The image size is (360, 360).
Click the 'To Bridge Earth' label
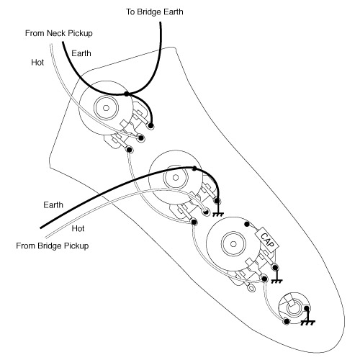point(155,12)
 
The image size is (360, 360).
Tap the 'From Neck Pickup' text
point(59,33)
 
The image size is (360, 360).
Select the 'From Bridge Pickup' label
point(53,246)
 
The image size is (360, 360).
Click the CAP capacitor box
point(267,240)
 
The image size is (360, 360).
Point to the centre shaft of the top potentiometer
point(106,108)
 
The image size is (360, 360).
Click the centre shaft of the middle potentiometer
point(176,178)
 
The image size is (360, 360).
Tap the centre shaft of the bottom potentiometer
point(233,244)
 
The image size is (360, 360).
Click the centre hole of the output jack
point(292,309)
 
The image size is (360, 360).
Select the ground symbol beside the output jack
point(307,323)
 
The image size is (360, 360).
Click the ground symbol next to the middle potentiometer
point(218,215)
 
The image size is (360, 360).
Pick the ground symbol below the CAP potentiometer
point(276,281)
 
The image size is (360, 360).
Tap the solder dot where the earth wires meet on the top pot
point(127,94)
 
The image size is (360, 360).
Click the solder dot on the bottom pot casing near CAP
point(246,224)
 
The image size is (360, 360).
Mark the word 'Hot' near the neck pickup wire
point(37,63)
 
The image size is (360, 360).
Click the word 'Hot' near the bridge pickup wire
point(78,228)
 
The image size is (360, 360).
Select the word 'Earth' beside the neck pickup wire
point(81,53)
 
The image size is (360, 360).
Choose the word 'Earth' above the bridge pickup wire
point(53,205)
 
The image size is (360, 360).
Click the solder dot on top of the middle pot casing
point(194,168)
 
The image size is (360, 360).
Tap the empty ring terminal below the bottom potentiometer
point(251,288)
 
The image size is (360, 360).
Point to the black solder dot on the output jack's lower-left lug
point(287,321)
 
